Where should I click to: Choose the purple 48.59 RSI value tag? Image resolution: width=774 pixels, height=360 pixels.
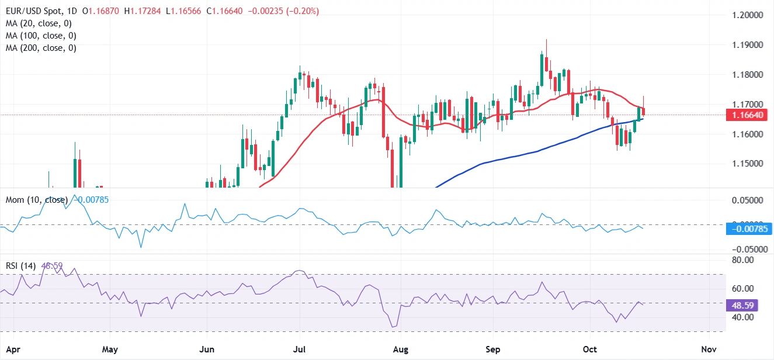point(740,305)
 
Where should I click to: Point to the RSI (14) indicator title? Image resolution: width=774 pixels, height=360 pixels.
point(19,266)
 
